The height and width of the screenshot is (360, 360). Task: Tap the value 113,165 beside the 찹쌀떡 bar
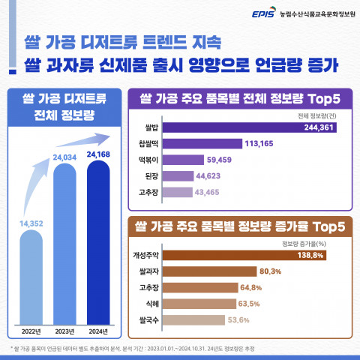coord(262,143)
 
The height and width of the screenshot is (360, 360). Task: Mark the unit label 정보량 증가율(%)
coord(307,242)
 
